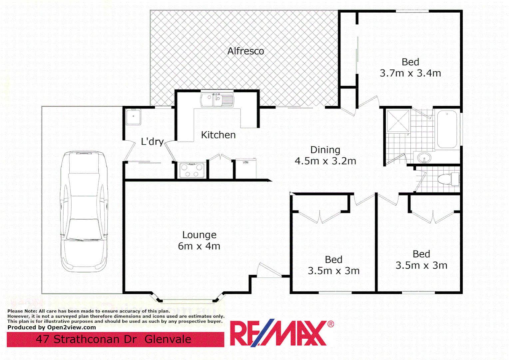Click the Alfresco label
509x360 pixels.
(246, 51)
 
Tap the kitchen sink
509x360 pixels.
(217, 100)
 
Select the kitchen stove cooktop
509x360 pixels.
(192, 170)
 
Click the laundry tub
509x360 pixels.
(133, 117)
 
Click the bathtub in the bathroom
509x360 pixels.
(447, 129)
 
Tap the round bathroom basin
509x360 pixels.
(424, 157)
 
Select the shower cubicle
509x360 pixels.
(398, 121)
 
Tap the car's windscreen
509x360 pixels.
(84, 230)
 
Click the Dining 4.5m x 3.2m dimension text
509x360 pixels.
(325, 161)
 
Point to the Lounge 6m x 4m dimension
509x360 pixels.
(199, 246)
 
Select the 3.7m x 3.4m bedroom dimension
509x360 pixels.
(410, 73)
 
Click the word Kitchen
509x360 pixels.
(218, 135)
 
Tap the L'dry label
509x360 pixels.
(152, 142)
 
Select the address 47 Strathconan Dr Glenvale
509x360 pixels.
(114, 339)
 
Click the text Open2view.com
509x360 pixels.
(72, 327)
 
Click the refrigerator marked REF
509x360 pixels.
(246, 168)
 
